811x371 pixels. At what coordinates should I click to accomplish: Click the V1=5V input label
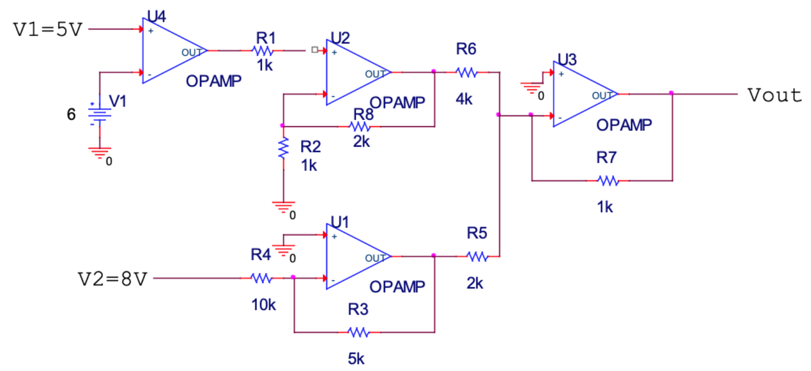point(48,29)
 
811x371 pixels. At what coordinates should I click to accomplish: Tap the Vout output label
point(775,96)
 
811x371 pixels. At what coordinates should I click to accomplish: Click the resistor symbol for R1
point(263,51)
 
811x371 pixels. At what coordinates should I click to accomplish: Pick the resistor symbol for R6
point(466,72)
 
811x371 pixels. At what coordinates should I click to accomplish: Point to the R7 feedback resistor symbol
point(608,181)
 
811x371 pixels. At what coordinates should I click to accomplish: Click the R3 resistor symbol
point(359,333)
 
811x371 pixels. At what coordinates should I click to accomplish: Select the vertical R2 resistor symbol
point(283,148)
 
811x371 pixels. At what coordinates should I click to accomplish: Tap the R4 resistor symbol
point(262,278)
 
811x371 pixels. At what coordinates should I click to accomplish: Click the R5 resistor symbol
point(477,257)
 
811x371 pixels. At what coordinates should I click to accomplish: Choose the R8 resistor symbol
point(359,127)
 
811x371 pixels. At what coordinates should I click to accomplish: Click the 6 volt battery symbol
point(99,114)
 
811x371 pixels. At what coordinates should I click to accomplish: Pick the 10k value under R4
point(263,305)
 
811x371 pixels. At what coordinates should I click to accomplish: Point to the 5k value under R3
point(357,359)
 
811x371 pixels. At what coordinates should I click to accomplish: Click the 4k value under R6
point(464,99)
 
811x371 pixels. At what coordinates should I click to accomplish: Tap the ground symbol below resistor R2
point(283,207)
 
